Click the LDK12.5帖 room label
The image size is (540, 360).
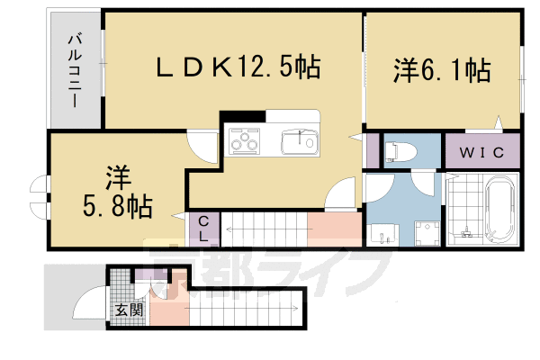click(x=239, y=66)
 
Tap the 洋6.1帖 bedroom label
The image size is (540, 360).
click(x=440, y=70)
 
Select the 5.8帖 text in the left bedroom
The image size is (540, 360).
click(x=119, y=203)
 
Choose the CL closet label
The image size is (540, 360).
click(x=203, y=229)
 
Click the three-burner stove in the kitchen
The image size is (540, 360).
click(x=246, y=141)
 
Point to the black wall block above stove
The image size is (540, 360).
click(x=242, y=115)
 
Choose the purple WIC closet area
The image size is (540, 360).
click(x=483, y=151)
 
